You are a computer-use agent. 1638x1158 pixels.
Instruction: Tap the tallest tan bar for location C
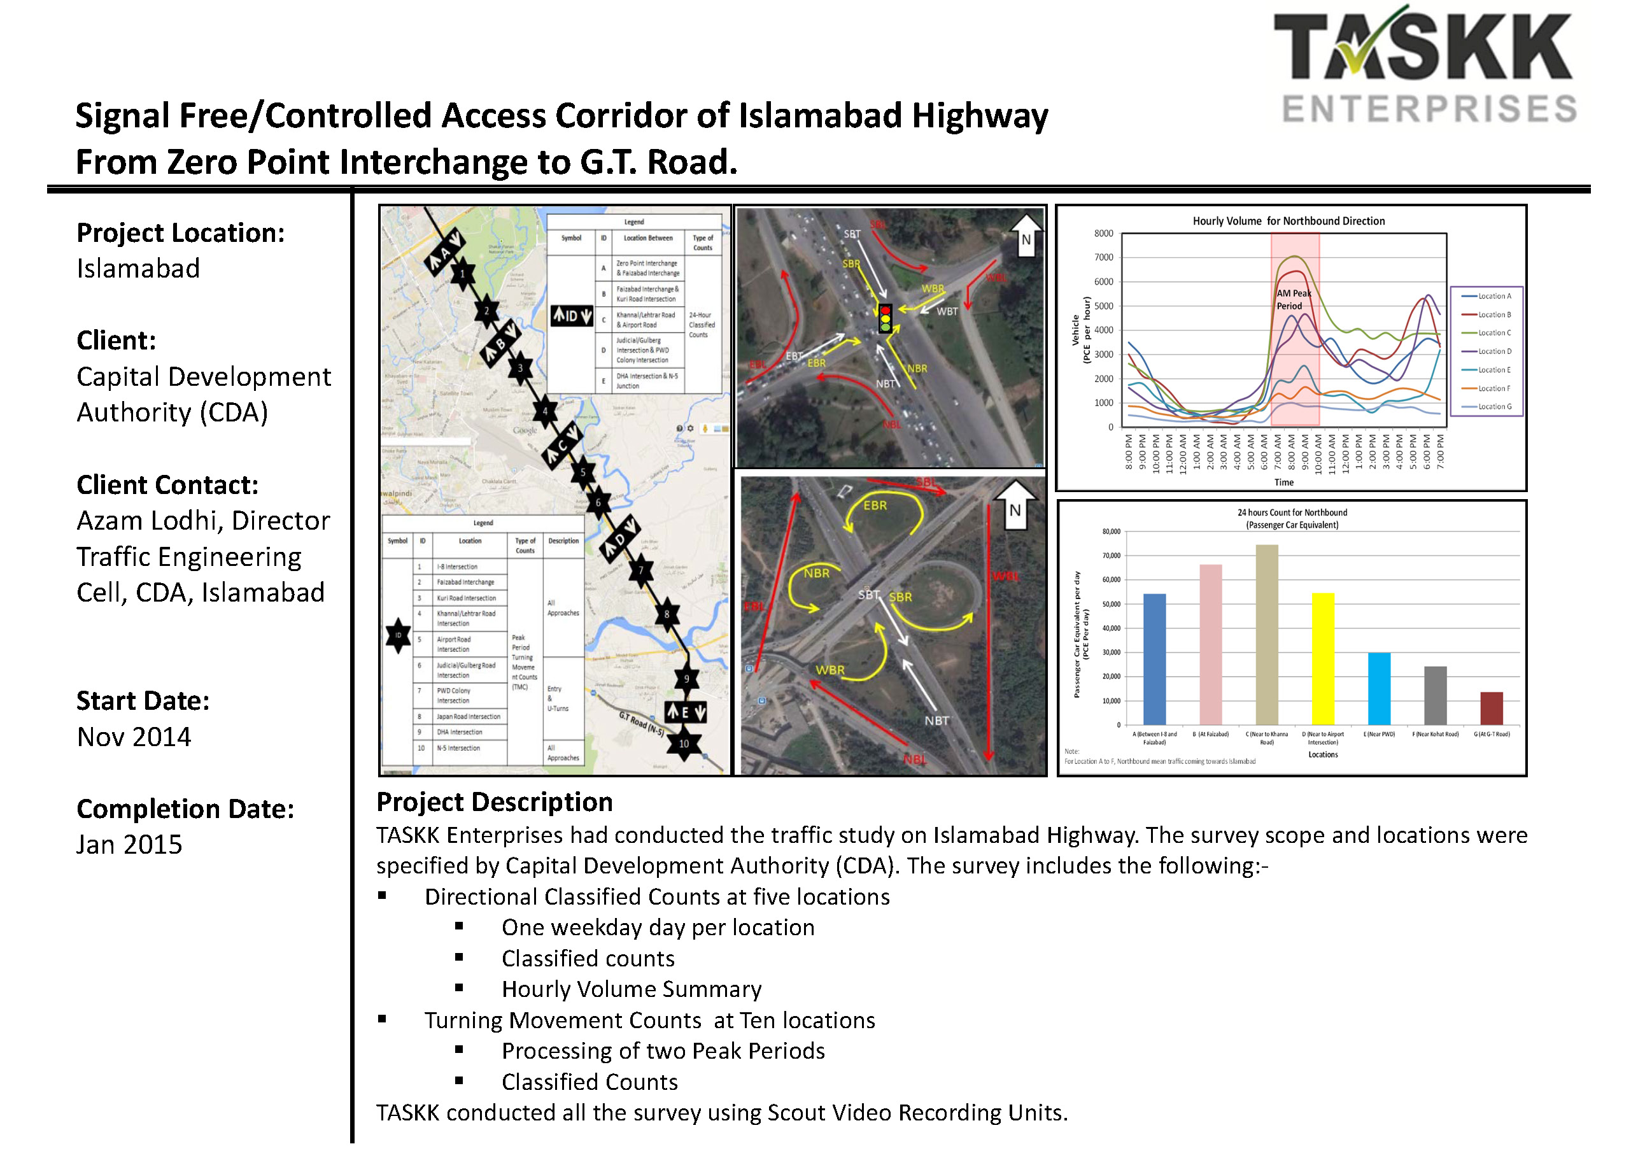[x=1266, y=635]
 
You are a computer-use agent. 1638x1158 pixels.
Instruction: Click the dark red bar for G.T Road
[x=1491, y=709]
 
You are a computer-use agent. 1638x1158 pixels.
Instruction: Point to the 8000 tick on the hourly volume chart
[x=1103, y=233]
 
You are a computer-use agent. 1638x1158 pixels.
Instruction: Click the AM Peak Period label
[x=1293, y=300]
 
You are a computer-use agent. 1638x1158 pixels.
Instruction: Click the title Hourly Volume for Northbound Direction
[x=1289, y=221]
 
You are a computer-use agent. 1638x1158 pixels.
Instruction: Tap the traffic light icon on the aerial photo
[x=886, y=318]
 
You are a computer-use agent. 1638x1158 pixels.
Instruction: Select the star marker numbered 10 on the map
[x=684, y=744]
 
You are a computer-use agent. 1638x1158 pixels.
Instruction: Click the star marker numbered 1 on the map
[x=462, y=273]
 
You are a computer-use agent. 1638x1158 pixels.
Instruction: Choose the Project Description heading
[x=495, y=802]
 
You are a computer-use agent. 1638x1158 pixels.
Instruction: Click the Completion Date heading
[x=185, y=808]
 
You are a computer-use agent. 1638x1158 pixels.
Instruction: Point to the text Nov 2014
[x=134, y=737]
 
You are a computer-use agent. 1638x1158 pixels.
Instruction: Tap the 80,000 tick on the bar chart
[x=1111, y=532]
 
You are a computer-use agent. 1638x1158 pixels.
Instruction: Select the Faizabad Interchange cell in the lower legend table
[x=465, y=583]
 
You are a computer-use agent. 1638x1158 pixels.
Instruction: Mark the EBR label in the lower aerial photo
[x=875, y=505]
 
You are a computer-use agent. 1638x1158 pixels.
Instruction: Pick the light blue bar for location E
[x=1379, y=689]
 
